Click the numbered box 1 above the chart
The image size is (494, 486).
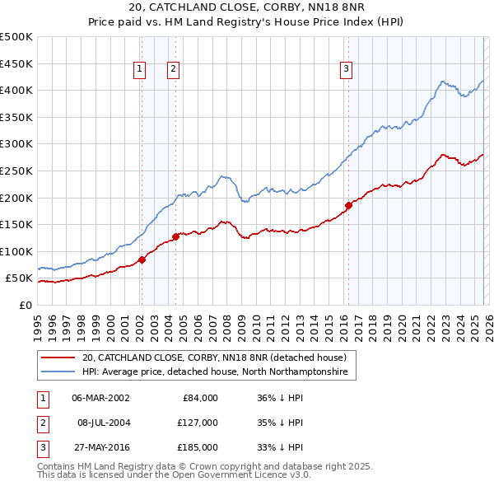pos(141,70)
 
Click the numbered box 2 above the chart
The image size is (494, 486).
pos(174,70)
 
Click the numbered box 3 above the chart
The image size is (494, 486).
pos(347,70)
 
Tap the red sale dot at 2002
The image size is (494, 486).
pos(142,259)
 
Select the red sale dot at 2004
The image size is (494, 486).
pos(175,236)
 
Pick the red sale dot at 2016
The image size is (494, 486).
pos(348,205)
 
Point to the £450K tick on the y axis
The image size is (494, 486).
pos(16,63)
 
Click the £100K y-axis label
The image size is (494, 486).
pos(16,251)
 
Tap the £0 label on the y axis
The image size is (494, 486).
pos(25,305)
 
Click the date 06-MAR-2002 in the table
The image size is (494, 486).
pos(100,398)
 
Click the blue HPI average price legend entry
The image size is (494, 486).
pos(215,372)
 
